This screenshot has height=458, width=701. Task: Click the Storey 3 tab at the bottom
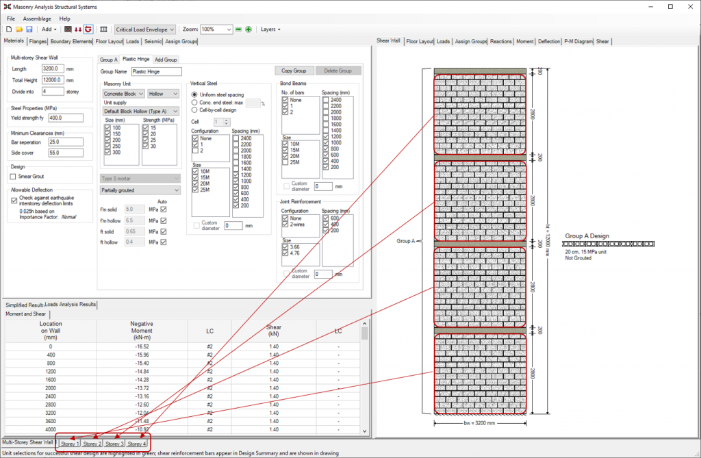point(114,444)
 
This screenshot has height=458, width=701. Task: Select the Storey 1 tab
point(69,444)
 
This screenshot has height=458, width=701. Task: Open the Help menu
point(64,18)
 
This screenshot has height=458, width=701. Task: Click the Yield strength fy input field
point(54,117)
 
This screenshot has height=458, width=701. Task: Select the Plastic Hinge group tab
point(136,60)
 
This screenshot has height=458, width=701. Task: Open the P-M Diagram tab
point(578,42)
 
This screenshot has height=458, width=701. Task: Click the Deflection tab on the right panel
point(548,42)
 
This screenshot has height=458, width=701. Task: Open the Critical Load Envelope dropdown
point(145,29)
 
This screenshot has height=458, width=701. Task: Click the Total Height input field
point(53,79)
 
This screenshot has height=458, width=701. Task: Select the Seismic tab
point(153,42)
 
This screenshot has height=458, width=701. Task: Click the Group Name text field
point(157,71)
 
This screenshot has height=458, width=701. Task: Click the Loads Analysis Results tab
point(71,305)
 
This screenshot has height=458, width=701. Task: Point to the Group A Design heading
point(587,236)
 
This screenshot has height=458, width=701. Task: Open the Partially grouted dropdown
point(140,190)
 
